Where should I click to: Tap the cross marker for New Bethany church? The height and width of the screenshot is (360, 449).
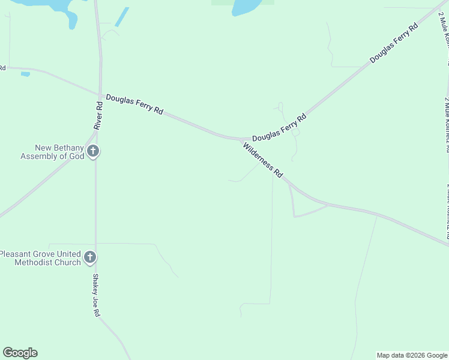92,151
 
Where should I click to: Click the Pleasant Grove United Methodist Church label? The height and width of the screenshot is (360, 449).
40,258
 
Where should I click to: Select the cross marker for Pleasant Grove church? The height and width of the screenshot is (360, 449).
89,258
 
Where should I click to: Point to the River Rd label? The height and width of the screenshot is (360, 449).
98,115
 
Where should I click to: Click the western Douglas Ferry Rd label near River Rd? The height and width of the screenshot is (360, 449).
134,104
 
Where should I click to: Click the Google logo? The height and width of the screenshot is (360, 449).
20,353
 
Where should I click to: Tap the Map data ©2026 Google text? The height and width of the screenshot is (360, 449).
412,355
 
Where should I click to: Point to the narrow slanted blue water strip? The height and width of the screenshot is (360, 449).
122,17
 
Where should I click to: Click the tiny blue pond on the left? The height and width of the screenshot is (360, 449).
25,74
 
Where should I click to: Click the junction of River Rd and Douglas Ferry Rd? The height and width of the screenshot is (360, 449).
100,95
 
